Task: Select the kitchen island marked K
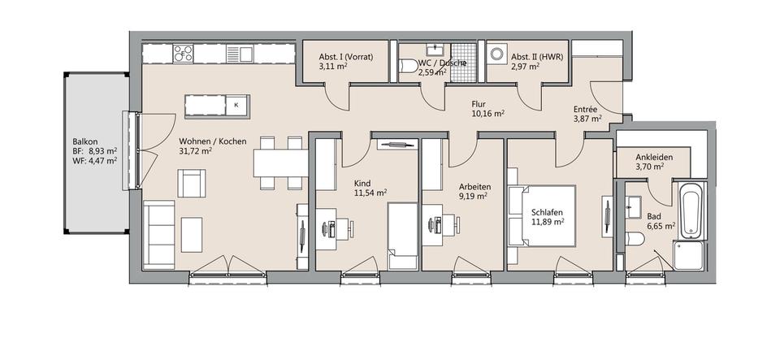coord(217,105)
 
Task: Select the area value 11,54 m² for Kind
coord(370,193)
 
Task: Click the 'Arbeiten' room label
coord(470,184)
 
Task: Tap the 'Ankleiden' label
coord(652,157)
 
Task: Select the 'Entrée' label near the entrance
coord(587,109)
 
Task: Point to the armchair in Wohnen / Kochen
coord(192,183)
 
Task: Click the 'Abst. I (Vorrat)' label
coord(344,57)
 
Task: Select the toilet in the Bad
coord(635,238)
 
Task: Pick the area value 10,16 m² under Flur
coord(487,115)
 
